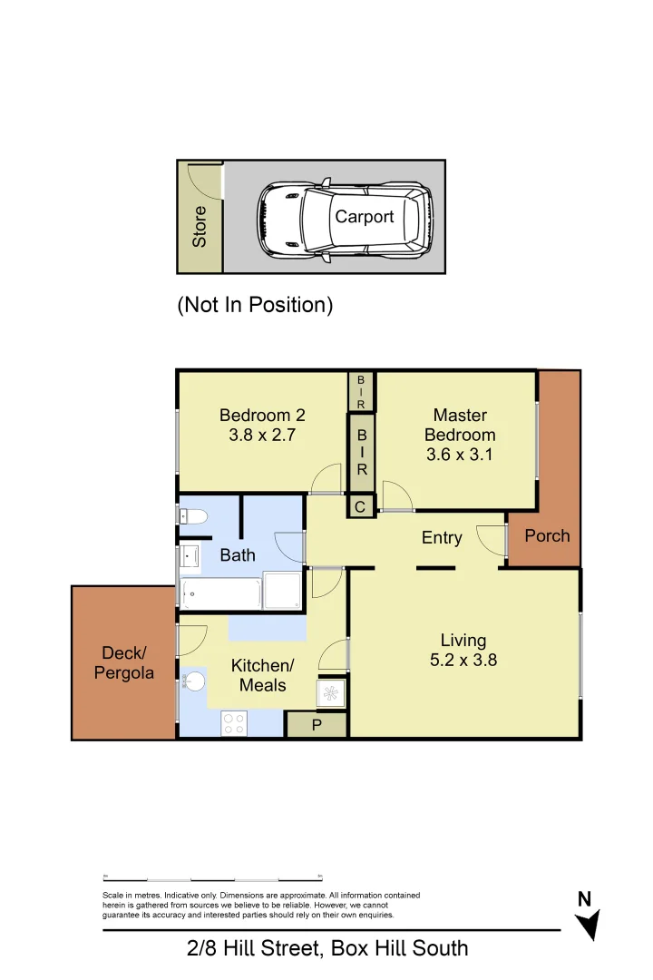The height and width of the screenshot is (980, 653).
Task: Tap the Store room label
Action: [200, 226]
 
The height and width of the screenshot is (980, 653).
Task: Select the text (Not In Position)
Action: [255, 305]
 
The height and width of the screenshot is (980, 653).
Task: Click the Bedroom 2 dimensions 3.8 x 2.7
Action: [262, 435]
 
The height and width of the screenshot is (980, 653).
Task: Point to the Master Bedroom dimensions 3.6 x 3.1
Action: [460, 455]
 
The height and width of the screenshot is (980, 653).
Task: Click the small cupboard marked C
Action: [360, 507]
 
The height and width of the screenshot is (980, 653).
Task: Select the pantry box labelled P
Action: [317, 725]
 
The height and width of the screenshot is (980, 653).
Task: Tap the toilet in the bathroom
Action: [193, 517]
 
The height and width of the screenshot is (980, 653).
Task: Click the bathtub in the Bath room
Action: [221, 595]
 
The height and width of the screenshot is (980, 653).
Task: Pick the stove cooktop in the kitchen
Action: [234, 723]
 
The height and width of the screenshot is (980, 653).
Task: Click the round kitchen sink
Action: [194, 681]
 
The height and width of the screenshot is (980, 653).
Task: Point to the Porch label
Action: [547, 535]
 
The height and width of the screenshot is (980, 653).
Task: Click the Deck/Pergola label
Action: [123, 663]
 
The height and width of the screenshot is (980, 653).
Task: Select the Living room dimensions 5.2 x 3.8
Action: [463, 661]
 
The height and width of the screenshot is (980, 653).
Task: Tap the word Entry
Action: [442, 538]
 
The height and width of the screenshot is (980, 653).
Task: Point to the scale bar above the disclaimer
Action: [213, 878]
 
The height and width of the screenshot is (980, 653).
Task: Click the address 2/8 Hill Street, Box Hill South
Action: [327, 949]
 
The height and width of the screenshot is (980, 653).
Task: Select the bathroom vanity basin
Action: [190, 555]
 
